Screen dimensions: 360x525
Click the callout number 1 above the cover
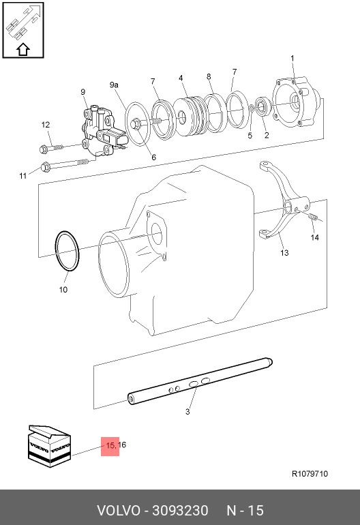(292, 58)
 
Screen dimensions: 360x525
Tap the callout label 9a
(114, 85)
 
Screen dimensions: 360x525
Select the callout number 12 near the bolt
(46, 125)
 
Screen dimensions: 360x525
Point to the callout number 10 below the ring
(63, 290)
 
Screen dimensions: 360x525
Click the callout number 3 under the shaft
(187, 412)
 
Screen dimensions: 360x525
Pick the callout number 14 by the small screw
(315, 237)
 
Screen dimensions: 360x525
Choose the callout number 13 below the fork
(284, 253)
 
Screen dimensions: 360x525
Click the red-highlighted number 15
(110, 445)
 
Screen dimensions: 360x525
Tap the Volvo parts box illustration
(50, 447)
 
